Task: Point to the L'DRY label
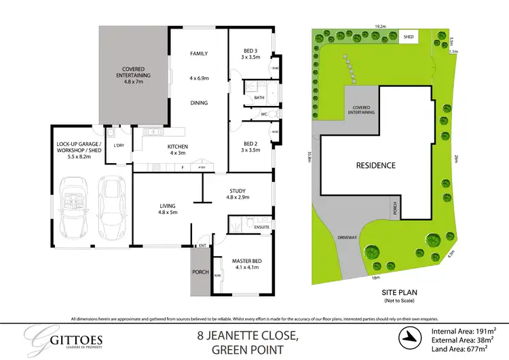[119, 146]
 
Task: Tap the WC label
[265, 114]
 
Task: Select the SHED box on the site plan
[409, 37]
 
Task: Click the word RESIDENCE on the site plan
[377, 165]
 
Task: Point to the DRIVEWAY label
[347, 238]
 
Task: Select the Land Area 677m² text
[461, 348]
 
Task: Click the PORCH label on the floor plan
[201, 272]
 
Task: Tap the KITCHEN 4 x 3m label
[176, 149]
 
